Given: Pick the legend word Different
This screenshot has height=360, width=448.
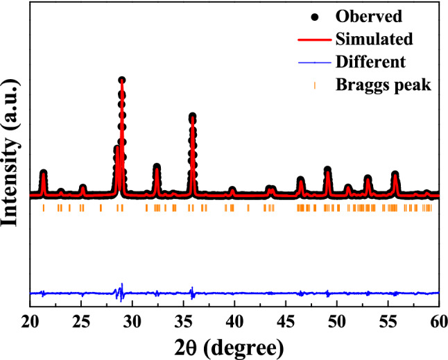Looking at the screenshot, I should (x=370, y=62).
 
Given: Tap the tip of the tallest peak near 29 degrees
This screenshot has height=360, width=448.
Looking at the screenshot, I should (x=121, y=80).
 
